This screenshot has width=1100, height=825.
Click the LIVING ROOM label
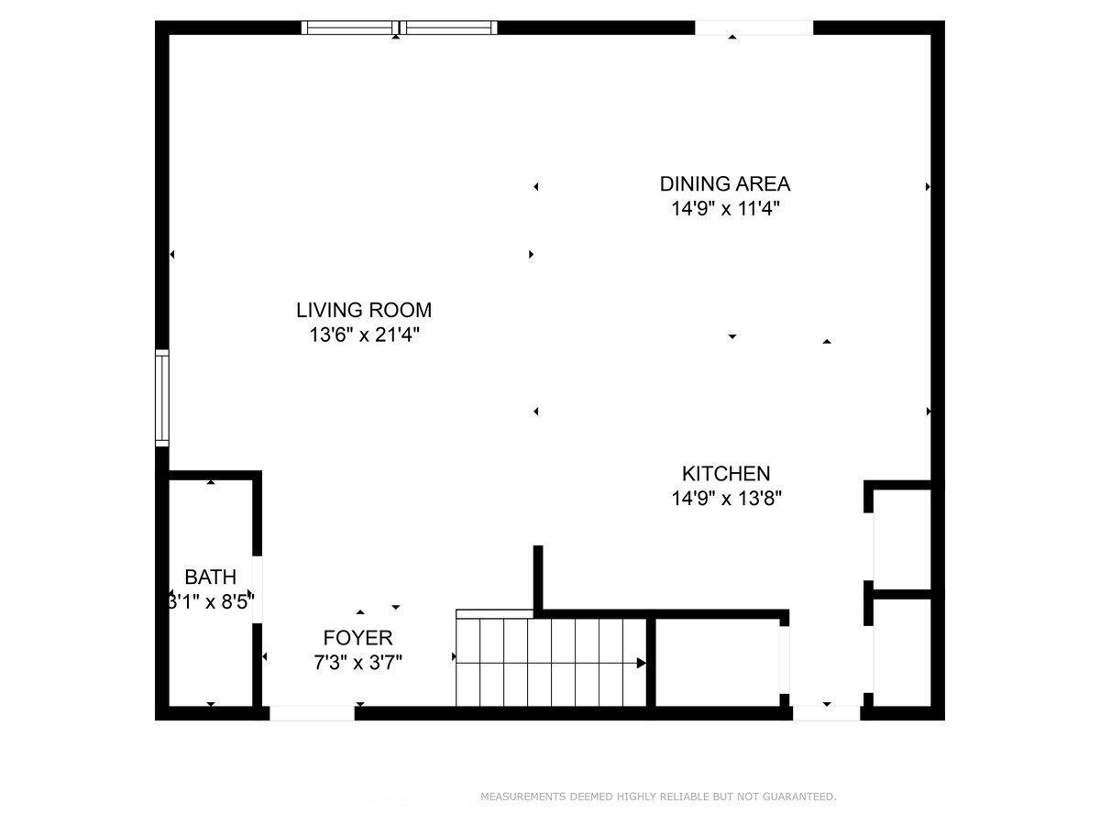pos(363,310)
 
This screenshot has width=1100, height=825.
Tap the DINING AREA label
pos(724,183)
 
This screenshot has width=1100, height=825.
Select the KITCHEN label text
pos(726,474)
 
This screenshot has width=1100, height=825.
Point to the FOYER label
pos(357,638)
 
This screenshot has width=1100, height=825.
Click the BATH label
pos(210,577)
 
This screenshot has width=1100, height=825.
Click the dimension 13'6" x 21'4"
pos(364,335)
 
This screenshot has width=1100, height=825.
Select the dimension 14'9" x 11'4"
pos(724,209)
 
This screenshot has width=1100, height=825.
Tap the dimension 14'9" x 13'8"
pos(726,500)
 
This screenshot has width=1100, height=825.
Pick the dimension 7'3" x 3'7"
pos(357,661)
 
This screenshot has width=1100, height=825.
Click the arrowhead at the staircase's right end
pos(642,663)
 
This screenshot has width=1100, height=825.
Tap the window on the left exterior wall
pos(162,397)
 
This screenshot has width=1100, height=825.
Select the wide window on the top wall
pos(400,27)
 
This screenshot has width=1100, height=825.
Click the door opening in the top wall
pos(753,27)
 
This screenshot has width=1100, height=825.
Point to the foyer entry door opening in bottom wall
pos(312,712)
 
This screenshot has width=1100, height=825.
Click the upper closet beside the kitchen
pos(902,538)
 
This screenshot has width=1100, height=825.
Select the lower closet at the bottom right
pos(902,651)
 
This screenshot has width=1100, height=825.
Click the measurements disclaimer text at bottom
pos(658,797)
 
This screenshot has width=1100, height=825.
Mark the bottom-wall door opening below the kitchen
pos(827,712)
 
